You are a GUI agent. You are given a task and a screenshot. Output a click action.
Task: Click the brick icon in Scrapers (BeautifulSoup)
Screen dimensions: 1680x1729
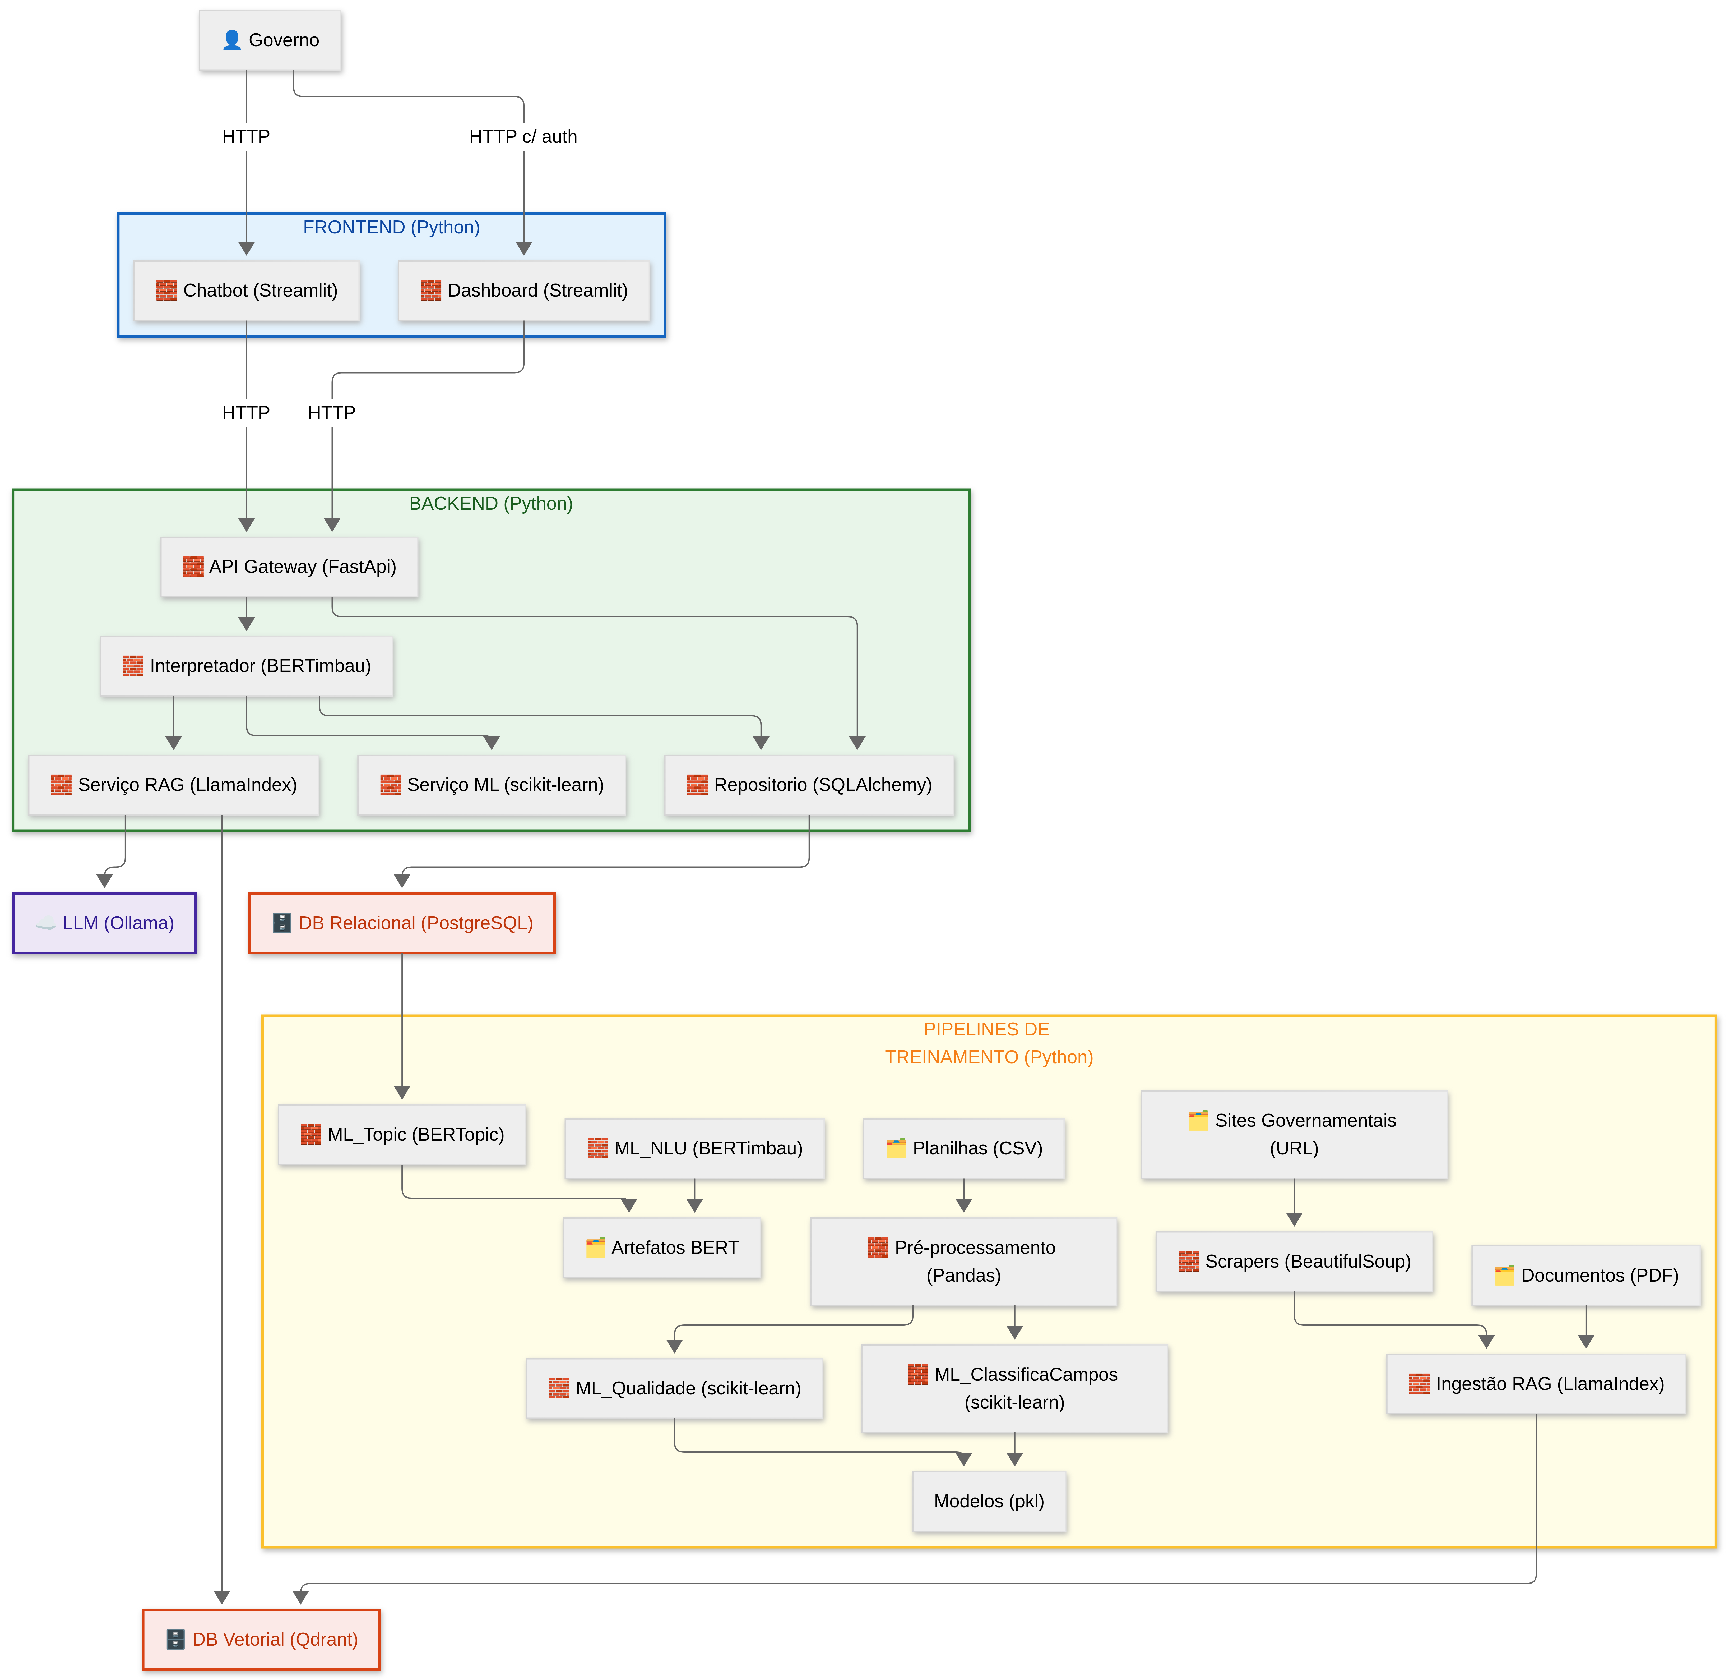click(x=1188, y=1262)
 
